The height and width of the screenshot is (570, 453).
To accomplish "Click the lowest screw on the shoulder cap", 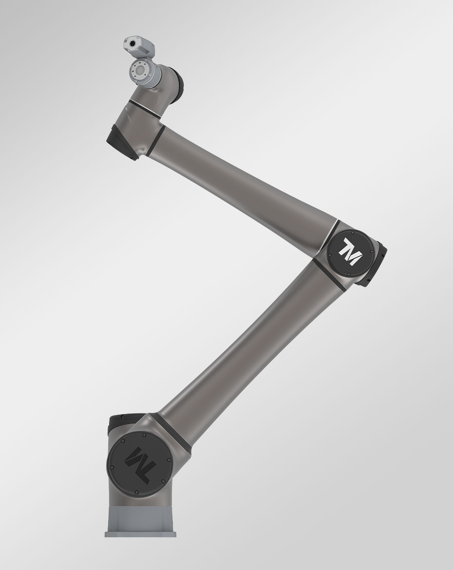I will tap(137, 494).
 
